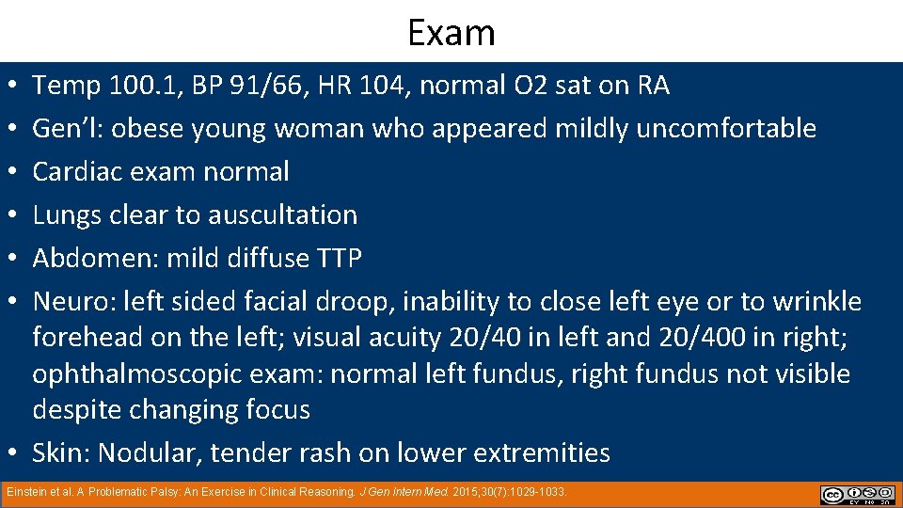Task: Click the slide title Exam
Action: [451, 32]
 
